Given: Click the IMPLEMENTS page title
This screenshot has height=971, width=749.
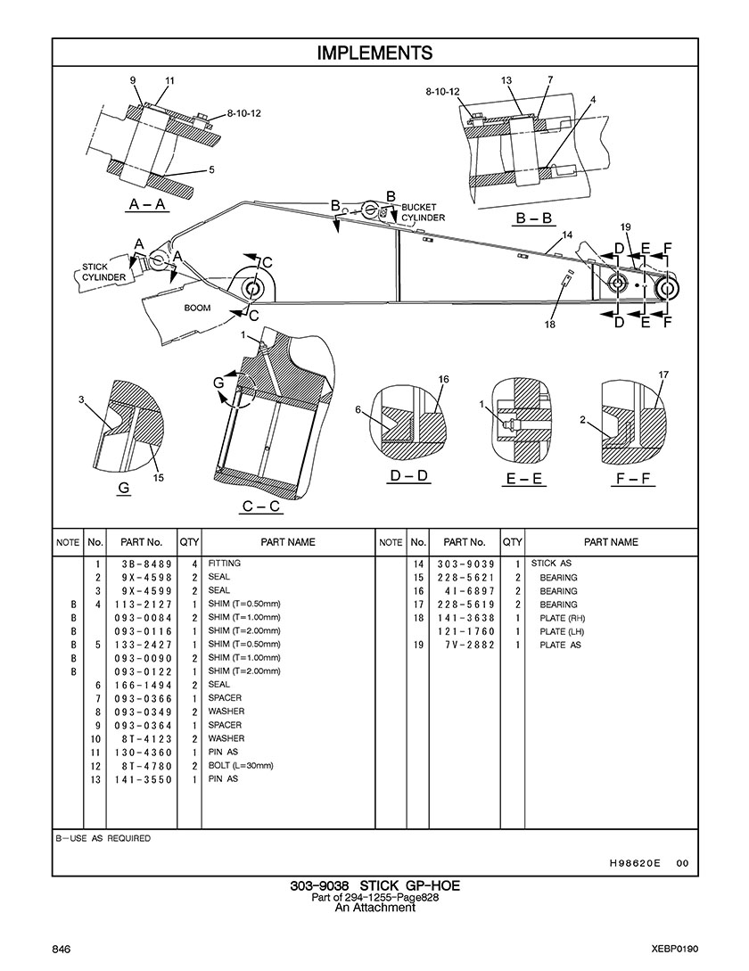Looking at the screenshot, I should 374,53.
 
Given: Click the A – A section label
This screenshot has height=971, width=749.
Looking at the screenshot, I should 147,204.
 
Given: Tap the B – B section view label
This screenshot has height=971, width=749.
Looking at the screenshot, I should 534,218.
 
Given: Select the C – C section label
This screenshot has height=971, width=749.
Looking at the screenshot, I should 261,506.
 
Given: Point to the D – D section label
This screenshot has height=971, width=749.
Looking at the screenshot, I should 409,475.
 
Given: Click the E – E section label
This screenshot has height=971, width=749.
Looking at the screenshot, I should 525,479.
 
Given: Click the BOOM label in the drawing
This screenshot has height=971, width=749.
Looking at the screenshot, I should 198,308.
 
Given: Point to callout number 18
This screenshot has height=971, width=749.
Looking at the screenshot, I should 550,325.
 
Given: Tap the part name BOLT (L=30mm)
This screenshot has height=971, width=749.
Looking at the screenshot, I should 241,765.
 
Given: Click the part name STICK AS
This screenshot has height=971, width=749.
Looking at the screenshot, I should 551,564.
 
